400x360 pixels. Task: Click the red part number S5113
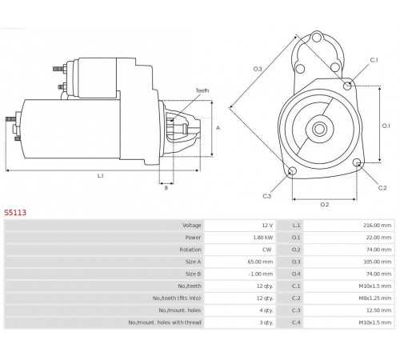tap(15, 213)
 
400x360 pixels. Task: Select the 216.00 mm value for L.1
tap(377, 226)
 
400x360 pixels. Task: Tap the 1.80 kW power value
tap(263, 238)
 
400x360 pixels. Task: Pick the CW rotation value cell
tap(267, 250)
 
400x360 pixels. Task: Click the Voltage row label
tap(191, 226)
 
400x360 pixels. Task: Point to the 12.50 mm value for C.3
tap(378, 310)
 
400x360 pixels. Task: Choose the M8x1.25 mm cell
tap(375, 298)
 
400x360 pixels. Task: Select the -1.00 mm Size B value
tap(261, 274)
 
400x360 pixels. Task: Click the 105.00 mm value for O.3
tap(378, 262)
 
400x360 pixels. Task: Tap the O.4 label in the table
tap(296, 274)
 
